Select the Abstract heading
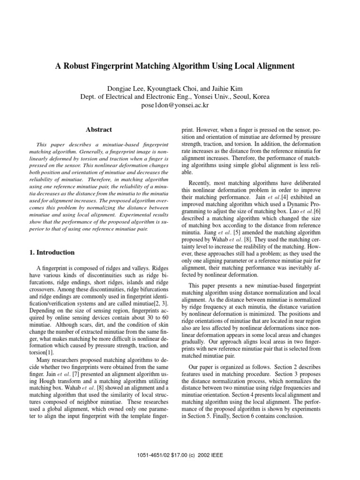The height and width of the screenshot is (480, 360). tap(99, 129)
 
